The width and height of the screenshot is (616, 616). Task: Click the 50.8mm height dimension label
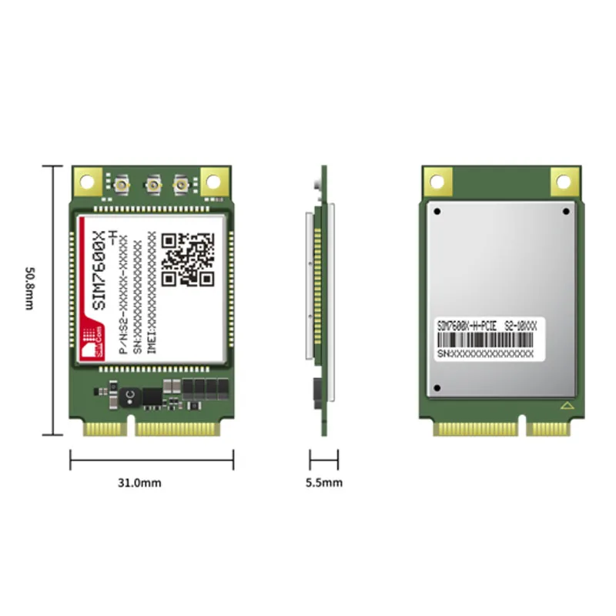tap(28, 289)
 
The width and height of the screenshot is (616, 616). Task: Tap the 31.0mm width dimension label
tap(139, 484)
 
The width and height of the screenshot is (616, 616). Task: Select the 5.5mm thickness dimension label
tap(324, 484)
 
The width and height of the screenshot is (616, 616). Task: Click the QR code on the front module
tap(189, 258)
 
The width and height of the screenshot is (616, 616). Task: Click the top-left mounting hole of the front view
tap(86, 181)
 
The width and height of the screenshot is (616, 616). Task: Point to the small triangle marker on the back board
tap(567, 404)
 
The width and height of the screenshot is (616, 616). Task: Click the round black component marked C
tap(129, 395)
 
